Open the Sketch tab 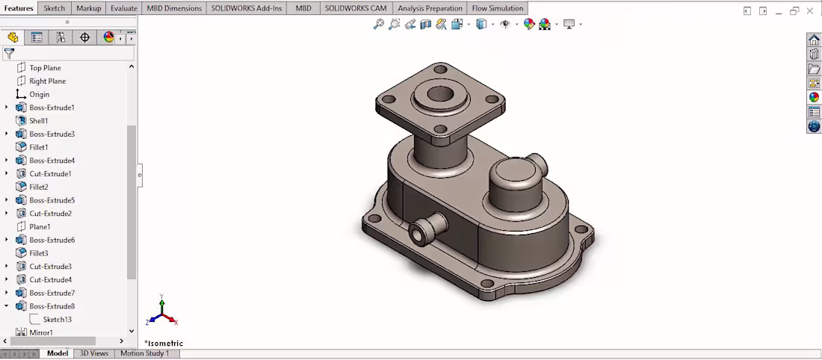tap(54, 8)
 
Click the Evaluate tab tap(123, 8)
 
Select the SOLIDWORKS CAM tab tap(356, 8)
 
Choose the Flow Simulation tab tap(497, 8)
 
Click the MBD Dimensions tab tap(174, 8)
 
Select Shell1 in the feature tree tap(38, 121)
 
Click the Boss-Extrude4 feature tap(52, 161)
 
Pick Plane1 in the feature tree tap(40, 227)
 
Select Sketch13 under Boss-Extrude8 tap(57, 320)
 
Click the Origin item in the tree tap(39, 95)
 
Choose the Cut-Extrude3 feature tap(50, 267)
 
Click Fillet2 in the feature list tap(38, 187)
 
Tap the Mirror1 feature tap(40, 332)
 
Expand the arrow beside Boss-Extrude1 tap(7, 108)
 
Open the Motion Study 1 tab tap(144, 353)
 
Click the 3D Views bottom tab tap(94, 353)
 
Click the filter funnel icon tap(9, 54)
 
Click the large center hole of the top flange tap(441, 95)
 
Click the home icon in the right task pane tap(814, 40)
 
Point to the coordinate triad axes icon tap(164, 312)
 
